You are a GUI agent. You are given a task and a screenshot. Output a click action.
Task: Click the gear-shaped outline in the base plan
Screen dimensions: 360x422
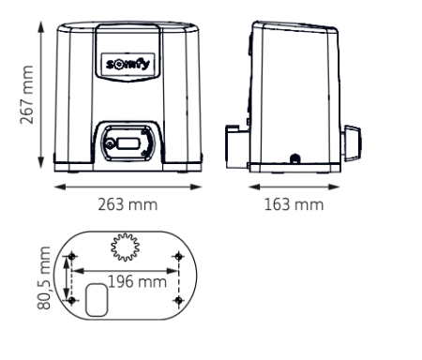coord(123,248)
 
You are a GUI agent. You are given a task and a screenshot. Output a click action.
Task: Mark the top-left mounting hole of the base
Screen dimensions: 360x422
coord(70,255)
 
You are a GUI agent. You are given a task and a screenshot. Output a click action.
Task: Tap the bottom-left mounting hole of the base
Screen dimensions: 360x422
coord(70,300)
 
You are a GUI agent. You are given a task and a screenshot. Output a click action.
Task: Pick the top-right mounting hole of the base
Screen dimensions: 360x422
coord(178,255)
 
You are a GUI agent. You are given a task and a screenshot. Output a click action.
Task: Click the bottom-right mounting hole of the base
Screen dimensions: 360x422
coord(178,300)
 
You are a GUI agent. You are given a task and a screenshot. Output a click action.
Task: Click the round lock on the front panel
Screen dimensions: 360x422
coord(112,143)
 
